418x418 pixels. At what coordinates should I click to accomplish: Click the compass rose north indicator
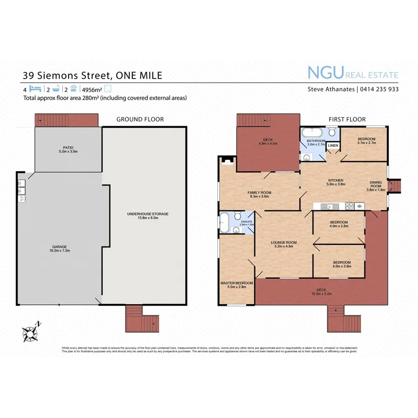[x=30, y=333]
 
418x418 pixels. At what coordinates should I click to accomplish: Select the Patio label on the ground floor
[x=68, y=149]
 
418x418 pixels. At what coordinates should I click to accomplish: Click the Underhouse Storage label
[x=148, y=216]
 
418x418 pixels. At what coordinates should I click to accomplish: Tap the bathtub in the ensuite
[x=224, y=222]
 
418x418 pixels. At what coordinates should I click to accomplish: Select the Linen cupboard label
[x=333, y=146]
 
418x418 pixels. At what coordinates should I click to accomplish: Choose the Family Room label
[x=259, y=194]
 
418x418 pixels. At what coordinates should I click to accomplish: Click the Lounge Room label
[x=284, y=244]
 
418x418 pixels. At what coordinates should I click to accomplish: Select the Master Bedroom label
[x=236, y=285]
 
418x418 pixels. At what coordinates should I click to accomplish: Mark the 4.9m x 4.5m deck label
[x=268, y=141]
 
